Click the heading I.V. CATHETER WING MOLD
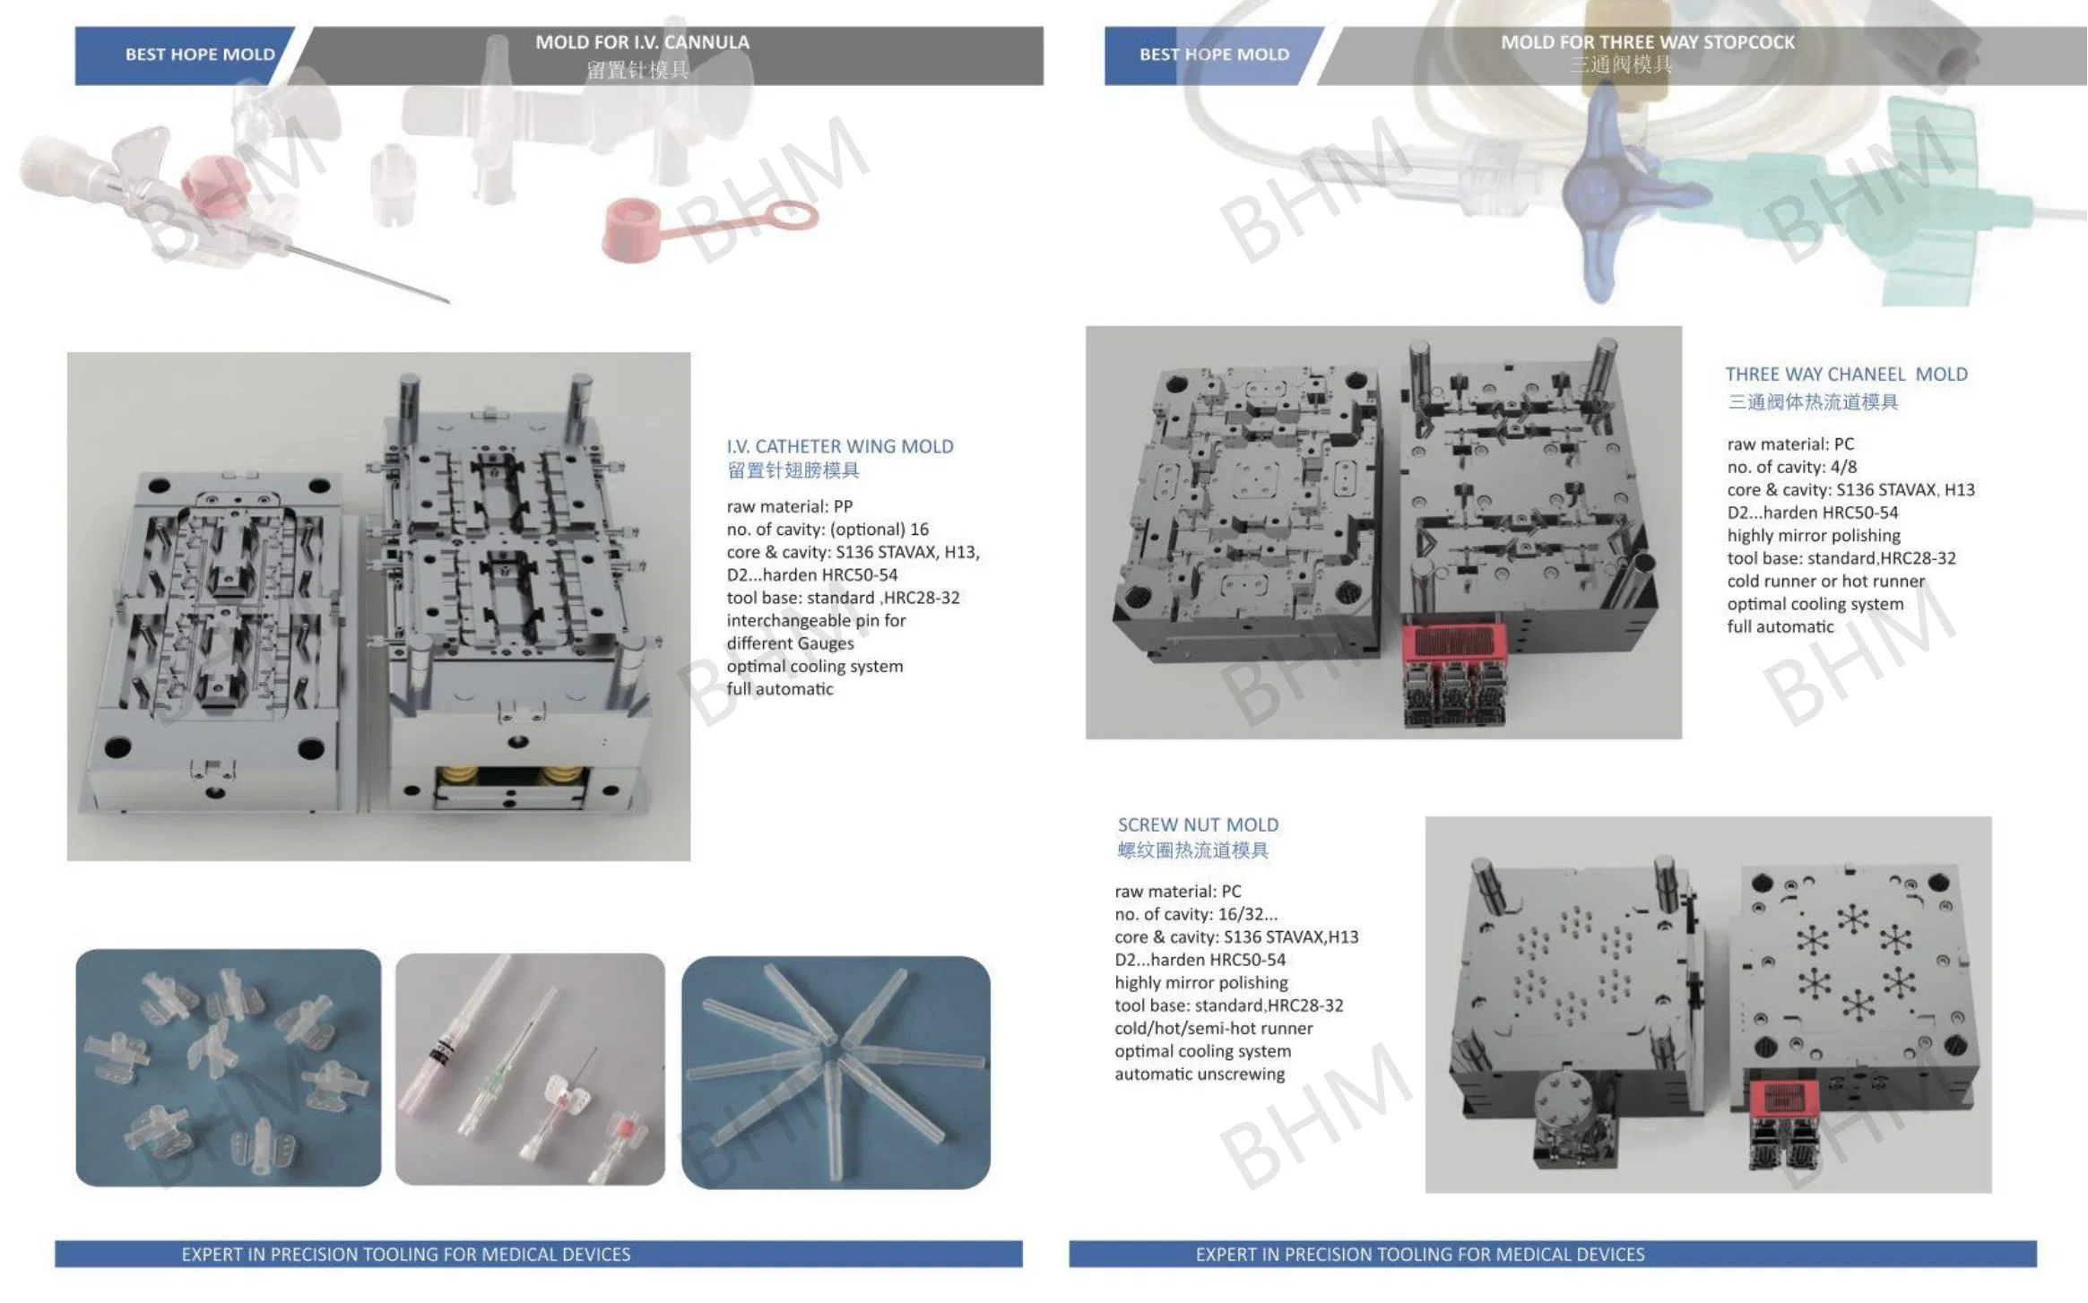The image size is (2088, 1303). click(840, 446)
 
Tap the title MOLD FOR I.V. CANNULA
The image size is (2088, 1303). click(642, 42)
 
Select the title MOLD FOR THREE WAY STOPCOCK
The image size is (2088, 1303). click(1648, 42)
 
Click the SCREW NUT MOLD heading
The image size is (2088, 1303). click(1198, 824)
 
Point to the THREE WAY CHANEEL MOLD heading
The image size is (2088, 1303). click(1846, 375)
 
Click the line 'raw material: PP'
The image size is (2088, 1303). click(789, 506)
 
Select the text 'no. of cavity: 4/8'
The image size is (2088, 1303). click(1791, 467)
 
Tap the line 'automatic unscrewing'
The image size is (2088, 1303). click(1199, 1074)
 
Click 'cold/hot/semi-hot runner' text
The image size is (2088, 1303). click(1213, 1028)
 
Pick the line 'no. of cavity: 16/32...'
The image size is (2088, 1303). click(1196, 914)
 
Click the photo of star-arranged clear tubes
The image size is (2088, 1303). click(836, 1072)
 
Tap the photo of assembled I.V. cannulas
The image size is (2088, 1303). click(530, 1068)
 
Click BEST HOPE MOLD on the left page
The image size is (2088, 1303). click(200, 55)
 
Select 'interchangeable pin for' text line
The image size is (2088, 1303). click(816, 620)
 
